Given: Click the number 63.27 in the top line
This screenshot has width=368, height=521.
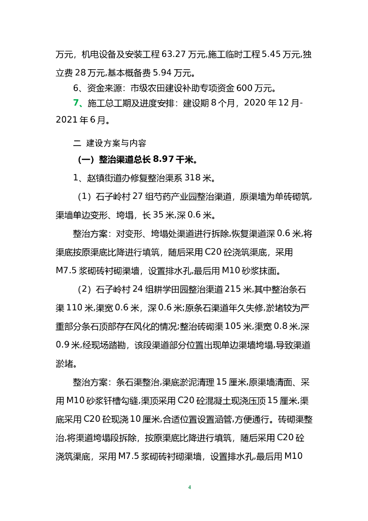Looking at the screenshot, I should coord(174,54).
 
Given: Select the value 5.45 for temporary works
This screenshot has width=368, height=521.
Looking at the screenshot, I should coord(273,54).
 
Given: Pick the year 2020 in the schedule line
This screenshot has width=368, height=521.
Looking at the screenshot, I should coord(256,104).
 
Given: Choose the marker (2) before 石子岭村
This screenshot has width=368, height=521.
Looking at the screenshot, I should coord(83,290).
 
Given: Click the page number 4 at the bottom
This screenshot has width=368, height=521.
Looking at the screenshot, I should coord(189,487).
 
